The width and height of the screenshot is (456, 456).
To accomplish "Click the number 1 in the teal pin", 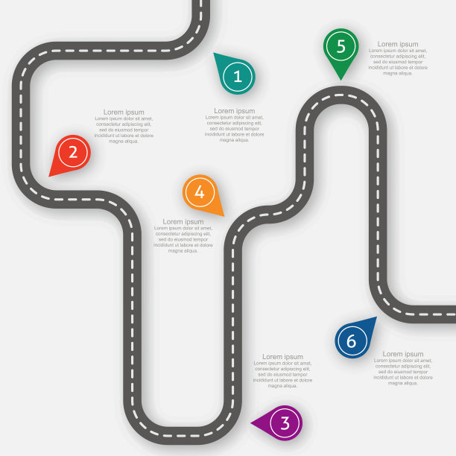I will coord(237,76).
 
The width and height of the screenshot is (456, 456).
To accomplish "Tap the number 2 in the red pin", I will coord(72,153).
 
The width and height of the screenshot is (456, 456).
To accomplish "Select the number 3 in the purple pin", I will coord(285,423).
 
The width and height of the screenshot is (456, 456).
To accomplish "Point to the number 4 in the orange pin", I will coord(199,192).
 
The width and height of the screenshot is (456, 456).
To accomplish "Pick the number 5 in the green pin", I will coord(341,46).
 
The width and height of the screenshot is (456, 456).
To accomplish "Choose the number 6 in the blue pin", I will coord(351,342).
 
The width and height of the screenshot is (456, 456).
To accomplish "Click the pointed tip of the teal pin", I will coord(215,54).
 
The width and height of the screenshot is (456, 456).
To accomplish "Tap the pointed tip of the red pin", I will coord(50,176).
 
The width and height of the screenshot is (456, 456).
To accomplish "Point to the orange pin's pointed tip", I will coord(223,215).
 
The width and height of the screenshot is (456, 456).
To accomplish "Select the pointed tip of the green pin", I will coord(341,79).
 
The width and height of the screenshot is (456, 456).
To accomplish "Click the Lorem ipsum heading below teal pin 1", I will coord(234,111).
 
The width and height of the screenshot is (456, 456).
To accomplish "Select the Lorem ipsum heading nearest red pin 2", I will coord(124,112).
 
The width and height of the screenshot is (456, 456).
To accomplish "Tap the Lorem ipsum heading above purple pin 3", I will coord(282,357).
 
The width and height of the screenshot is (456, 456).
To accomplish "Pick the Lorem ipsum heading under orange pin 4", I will coord(183,221).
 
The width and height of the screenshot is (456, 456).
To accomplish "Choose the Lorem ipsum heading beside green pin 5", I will coord(398,44).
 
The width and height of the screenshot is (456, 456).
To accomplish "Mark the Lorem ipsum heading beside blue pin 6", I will coord(403,354).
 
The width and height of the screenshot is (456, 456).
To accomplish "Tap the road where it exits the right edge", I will coord(452,314).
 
